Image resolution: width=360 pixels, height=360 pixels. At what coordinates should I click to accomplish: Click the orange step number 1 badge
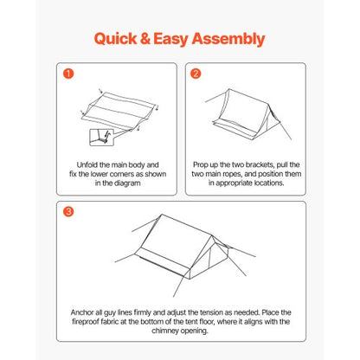[x=67, y=74]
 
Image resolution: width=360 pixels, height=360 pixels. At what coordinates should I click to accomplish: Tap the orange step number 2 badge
[x=196, y=74]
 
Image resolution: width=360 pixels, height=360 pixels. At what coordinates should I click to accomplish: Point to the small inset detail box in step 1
[x=102, y=137]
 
